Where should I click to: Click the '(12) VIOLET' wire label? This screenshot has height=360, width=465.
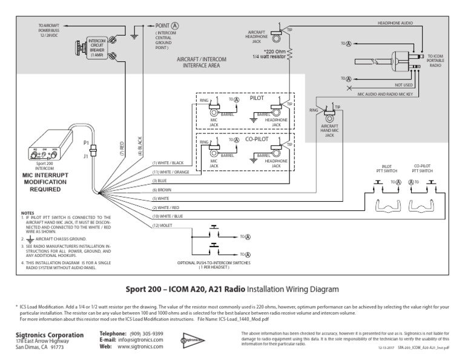pyautogui.click(x=163, y=226)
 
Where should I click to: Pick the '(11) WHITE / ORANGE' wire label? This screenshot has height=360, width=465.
pyautogui.click(x=171, y=172)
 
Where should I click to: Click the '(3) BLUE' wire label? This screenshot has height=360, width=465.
pyautogui.click(x=160, y=181)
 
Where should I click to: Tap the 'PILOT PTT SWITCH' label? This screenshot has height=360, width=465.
pyautogui.click(x=387, y=168)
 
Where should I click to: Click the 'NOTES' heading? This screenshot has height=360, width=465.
pyautogui.click(x=28, y=213)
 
